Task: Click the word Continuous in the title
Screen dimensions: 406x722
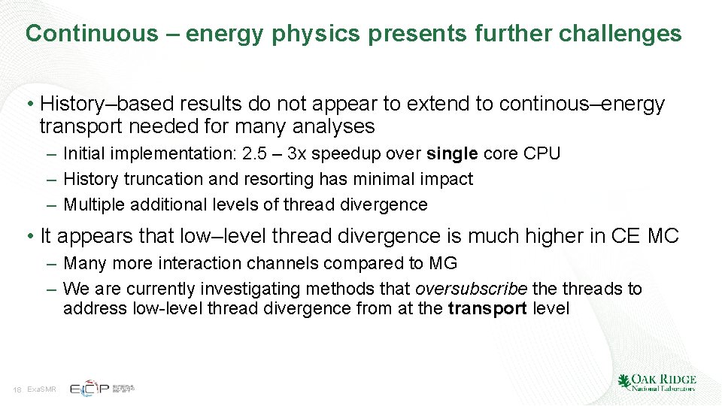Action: (92, 34)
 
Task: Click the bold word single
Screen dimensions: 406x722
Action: (452, 154)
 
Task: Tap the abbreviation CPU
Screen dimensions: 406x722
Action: (542, 154)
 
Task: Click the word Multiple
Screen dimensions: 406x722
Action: (94, 205)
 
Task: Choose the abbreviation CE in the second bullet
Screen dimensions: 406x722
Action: (627, 236)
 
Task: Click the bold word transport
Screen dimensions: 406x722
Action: (487, 308)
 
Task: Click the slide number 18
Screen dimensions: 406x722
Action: (17, 389)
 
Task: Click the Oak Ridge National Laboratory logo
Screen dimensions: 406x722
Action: (657, 383)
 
